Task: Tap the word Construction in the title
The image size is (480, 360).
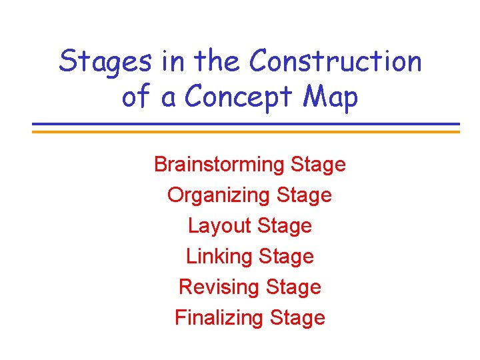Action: tap(335, 62)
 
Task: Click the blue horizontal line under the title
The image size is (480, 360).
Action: tap(246, 124)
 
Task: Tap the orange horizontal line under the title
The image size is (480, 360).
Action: tap(246, 131)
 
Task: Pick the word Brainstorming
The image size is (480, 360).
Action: tap(220, 165)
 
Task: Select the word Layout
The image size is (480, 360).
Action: tap(219, 226)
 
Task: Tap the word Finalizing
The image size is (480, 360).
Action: tap(219, 317)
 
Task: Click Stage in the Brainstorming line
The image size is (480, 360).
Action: tap(319, 165)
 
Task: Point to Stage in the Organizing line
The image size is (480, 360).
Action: tap(304, 195)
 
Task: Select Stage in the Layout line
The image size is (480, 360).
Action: tap(284, 226)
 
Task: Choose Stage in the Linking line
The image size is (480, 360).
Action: tap(286, 256)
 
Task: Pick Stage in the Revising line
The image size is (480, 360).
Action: tap(293, 287)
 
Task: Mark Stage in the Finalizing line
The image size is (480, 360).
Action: tap(297, 317)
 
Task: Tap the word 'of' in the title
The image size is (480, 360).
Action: tap(136, 97)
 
